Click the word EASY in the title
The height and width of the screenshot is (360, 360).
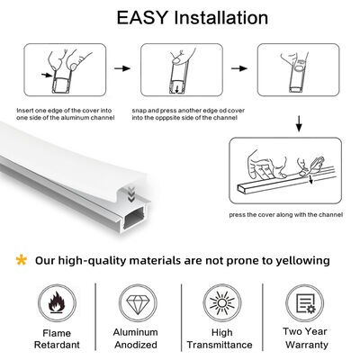pyautogui.click(x=141, y=17)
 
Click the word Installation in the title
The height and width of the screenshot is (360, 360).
pyautogui.click(x=221, y=17)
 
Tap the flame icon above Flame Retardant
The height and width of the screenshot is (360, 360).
pyautogui.click(x=57, y=302)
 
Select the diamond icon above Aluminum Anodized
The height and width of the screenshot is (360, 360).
pyautogui.click(x=138, y=304)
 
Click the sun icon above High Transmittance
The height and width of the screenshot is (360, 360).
pyautogui.click(x=222, y=303)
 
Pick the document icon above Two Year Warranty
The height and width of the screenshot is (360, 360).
pyautogui.click(x=305, y=303)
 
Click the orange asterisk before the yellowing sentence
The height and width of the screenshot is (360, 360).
pyautogui.click(x=22, y=260)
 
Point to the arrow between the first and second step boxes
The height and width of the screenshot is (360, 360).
pyautogui.click(x=122, y=68)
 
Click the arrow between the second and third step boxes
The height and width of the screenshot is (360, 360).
pyautogui.click(x=239, y=68)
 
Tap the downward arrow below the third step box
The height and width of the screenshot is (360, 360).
pyautogui.click(x=299, y=123)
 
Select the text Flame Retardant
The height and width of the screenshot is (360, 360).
pyautogui.click(x=57, y=338)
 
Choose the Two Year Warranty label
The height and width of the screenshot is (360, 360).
pyautogui.click(x=305, y=337)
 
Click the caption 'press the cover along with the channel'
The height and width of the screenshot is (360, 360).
pyautogui.click(x=286, y=215)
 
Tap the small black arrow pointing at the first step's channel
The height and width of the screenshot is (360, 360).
pyautogui.click(x=47, y=75)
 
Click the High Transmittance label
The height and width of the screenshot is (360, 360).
pyautogui.click(x=220, y=338)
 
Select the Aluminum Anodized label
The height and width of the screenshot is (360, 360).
pyautogui.click(x=136, y=338)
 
